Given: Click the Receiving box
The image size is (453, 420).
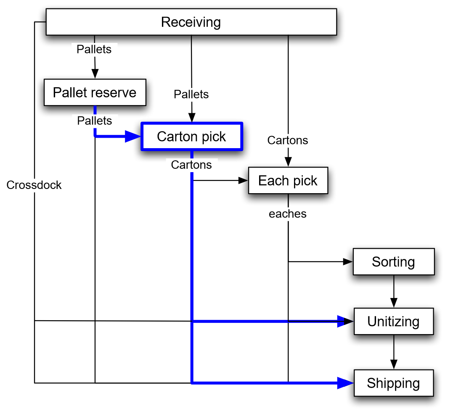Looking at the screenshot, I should (x=191, y=22).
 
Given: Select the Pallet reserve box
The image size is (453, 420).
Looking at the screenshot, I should (x=95, y=92).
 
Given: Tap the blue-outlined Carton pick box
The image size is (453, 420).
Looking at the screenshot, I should (x=191, y=136).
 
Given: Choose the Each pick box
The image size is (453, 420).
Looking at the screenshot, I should (x=288, y=181).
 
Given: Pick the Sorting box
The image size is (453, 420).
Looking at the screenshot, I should (x=393, y=262).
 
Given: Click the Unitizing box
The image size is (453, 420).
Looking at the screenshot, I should (x=393, y=322).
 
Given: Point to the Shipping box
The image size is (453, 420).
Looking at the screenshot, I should (x=393, y=383).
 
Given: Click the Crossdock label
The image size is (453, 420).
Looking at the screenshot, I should (x=34, y=185).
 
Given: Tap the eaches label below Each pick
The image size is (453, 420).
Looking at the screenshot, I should (x=288, y=214).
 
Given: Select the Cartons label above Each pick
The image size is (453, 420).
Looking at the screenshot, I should (x=288, y=140).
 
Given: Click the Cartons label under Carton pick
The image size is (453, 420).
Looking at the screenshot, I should (x=191, y=165).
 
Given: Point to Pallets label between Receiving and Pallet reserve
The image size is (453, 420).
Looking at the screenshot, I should (x=94, y=49).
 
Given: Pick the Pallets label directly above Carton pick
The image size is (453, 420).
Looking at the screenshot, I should (x=191, y=94).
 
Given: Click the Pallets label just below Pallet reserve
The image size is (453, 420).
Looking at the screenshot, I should (x=95, y=121).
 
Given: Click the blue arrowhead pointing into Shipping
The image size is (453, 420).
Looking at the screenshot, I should (x=346, y=383).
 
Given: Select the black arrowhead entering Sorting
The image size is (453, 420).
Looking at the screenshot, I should (x=348, y=262).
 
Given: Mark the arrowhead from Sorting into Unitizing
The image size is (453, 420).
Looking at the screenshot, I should (x=394, y=303).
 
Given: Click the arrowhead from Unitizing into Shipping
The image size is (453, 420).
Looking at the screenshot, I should (x=394, y=364).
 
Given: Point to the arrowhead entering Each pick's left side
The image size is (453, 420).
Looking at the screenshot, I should (x=243, y=181).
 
